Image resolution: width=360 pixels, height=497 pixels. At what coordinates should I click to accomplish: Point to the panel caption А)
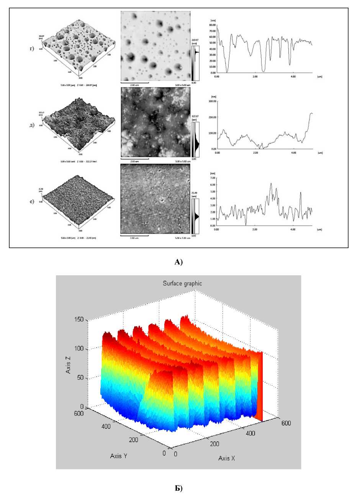coord(179,262)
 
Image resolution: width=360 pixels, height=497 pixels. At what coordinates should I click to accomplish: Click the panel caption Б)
coord(179,488)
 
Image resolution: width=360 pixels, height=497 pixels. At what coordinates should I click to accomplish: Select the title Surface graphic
coord(182,284)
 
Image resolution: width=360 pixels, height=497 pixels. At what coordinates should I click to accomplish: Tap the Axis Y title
coord(121,456)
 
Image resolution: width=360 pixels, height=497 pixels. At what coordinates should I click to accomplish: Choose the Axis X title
coord(227,458)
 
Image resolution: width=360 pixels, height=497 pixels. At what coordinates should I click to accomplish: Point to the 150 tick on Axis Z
coord(79,320)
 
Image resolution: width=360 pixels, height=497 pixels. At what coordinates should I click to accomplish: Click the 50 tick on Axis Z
coord(80,378)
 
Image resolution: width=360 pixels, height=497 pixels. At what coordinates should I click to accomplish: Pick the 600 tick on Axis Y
coord(79,412)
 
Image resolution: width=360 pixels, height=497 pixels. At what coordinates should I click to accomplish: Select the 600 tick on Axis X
coord(286,423)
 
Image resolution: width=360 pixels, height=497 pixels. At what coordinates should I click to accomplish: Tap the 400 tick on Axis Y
coord(106,427)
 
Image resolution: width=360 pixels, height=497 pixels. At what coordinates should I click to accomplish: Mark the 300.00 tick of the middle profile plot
coord(211,101)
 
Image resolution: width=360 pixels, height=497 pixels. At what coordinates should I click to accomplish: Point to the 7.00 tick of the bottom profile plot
coord(212,178)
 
